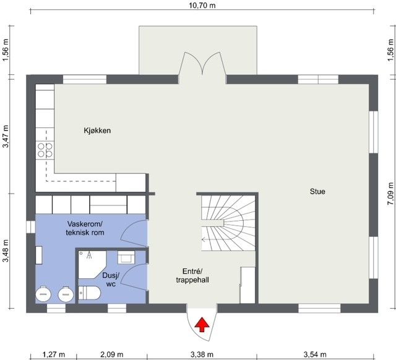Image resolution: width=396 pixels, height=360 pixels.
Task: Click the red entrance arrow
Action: [202, 325]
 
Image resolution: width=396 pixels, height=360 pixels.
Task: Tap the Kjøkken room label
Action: [97, 131]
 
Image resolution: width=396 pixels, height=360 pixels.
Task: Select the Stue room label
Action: [317, 191]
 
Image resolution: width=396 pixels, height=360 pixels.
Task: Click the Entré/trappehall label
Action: [192, 275]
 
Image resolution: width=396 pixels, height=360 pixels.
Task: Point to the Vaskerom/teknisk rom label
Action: [85, 228]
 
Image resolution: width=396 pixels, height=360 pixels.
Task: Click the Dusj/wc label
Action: [111, 280]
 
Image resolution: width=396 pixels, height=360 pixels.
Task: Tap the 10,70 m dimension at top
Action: [202, 6]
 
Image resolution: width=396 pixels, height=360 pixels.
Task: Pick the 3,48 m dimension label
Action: [6, 251]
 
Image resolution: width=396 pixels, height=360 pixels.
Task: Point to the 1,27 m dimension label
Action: [53, 354]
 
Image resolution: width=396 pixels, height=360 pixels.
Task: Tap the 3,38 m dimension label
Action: [202, 354]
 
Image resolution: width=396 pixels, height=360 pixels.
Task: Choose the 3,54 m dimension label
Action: [315, 354]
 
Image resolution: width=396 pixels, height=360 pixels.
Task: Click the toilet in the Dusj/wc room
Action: [90, 293]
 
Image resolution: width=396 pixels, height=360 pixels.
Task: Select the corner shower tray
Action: [92, 264]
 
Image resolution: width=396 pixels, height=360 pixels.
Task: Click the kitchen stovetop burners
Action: [45, 150]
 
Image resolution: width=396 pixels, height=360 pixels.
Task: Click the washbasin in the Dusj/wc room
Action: [126, 257]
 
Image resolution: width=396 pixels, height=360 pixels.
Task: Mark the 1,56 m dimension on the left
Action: [6, 50]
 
